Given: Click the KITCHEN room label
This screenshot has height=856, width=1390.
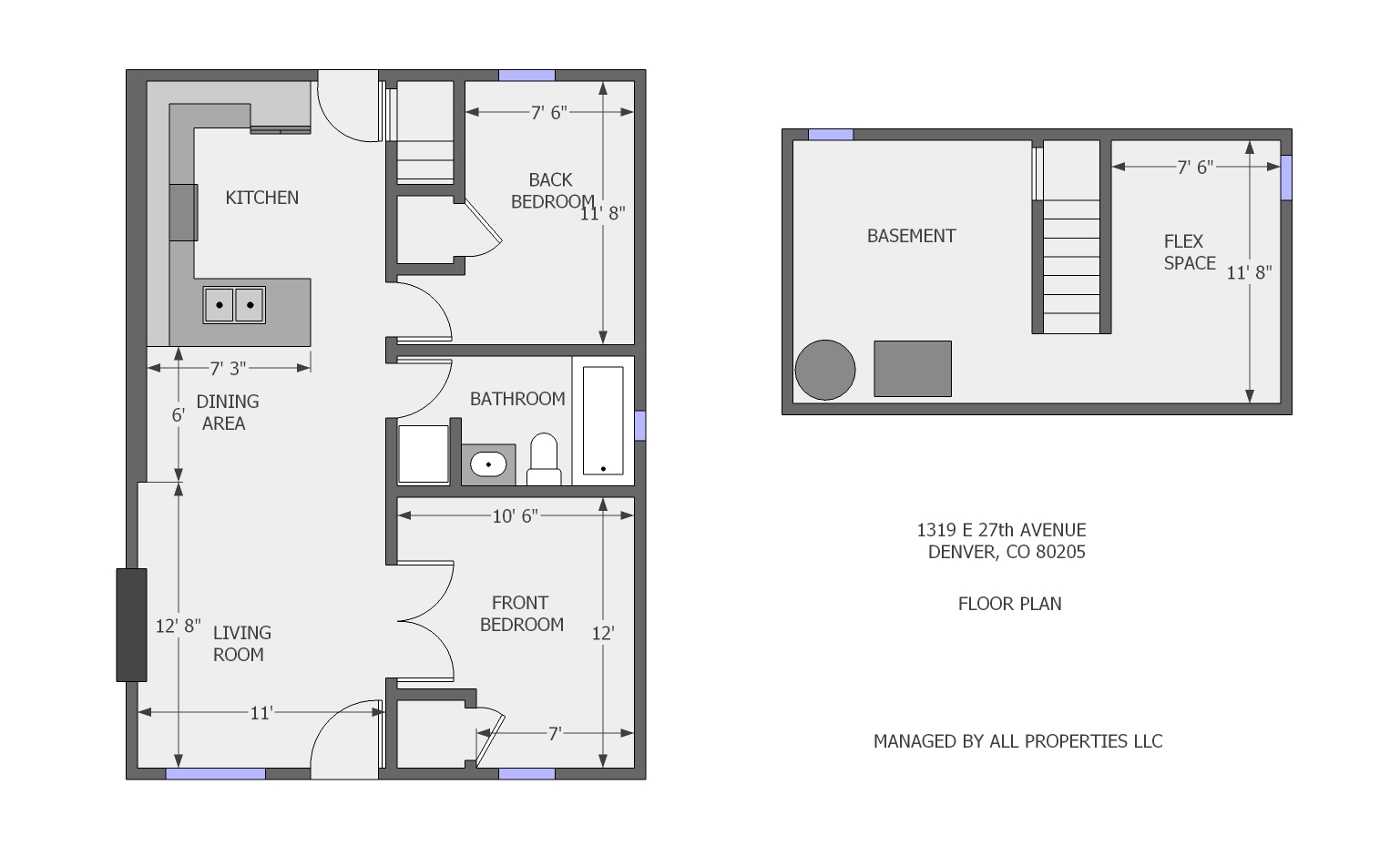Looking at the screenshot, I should tap(261, 198).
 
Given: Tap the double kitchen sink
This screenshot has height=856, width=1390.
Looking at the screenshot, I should tap(234, 305).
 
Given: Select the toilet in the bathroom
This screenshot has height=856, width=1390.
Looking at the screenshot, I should tap(544, 460).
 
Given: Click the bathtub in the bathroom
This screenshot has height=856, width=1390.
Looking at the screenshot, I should tap(603, 421).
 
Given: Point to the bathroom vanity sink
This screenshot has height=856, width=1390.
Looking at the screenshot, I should tap(488, 464).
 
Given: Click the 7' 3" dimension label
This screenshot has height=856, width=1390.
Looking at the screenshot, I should tap(228, 369).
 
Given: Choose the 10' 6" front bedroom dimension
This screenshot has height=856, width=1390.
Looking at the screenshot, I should tap(515, 516).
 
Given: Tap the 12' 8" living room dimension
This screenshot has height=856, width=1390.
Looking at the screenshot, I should tap(178, 626).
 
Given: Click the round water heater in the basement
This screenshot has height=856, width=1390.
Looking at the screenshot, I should tap(825, 370).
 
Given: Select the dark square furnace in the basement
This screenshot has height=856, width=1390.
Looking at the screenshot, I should tap(913, 369).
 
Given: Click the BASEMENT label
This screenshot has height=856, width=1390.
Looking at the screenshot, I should tap(911, 236).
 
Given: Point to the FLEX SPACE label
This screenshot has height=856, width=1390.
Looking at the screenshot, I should tap(1189, 252).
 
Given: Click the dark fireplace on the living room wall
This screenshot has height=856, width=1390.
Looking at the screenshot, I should tap(131, 625).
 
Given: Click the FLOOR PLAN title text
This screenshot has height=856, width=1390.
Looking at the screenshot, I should tap(1009, 604).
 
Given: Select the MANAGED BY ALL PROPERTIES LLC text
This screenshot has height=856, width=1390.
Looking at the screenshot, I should tap(1017, 741).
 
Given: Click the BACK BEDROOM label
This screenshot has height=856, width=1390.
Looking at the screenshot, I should tap(551, 190).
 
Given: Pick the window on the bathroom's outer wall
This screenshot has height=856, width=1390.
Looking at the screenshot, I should tap(639, 425).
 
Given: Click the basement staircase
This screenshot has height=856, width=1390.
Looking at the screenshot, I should tap(1070, 264).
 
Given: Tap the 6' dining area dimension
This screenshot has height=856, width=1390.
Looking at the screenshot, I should tap(179, 415).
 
